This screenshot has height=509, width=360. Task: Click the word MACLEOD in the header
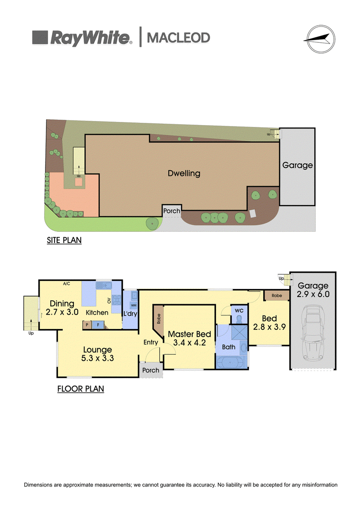179,38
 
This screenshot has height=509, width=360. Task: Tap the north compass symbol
321,39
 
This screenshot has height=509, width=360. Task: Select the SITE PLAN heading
64,240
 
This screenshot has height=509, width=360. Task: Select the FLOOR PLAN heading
81,388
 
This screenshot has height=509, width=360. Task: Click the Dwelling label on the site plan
184,173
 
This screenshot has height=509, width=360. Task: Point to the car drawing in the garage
313,333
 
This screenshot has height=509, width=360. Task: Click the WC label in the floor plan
239,311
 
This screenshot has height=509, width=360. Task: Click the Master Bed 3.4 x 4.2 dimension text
189,342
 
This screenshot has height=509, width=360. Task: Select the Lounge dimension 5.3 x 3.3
97,358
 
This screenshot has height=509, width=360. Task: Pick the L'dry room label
130,314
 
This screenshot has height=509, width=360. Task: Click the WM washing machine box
134,306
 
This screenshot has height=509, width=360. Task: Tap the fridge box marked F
98,324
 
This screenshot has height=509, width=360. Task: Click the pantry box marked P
87,324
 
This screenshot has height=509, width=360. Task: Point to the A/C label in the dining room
66,284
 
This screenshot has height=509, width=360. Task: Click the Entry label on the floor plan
151,342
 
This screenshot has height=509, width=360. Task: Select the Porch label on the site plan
172,211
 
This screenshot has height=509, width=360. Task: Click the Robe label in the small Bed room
277,295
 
